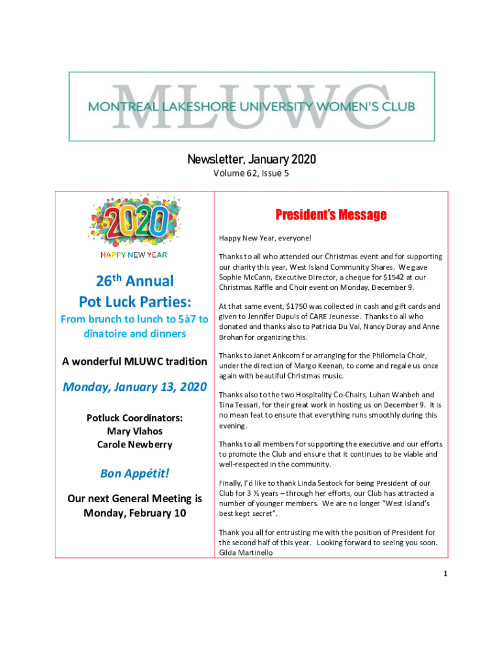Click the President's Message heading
coord(331,215)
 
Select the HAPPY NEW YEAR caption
coord(134,255)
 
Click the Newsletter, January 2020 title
coord(251,160)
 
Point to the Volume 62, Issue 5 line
coord(251,174)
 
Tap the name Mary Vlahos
coord(134,431)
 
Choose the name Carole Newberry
coord(134,444)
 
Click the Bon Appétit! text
coord(134,473)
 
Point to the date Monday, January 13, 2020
coord(134,387)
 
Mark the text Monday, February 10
coord(134,513)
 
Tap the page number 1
coord(444,574)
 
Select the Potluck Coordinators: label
coord(134,418)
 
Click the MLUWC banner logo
coord(252,106)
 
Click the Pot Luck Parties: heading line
coord(134,302)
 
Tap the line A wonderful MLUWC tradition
coord(134,362)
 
